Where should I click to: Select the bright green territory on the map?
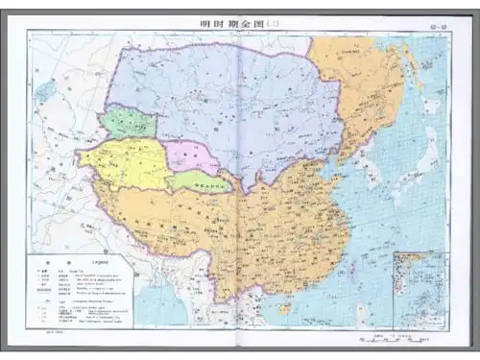(130, 122)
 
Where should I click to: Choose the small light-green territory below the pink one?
(203, 181)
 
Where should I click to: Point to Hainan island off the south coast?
(284, 308)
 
